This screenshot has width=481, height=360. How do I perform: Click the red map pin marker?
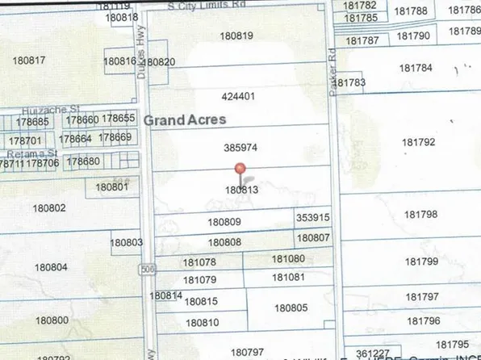pyautogui.click(x=239, y=170)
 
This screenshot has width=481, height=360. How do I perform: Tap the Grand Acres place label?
pyautogui.click(x=185, y=119)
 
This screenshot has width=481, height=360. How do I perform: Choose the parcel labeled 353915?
pyautogui.click(x=312, y=218)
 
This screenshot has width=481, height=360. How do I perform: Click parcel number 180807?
pyautogui.click(x=313, y=238)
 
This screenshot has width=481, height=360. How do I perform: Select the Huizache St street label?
pyautogui.click(x=46, y=107)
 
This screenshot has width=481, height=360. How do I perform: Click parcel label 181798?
pyautogui.click(x=421, y=215)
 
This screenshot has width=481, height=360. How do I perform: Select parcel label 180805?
pyautogui.click(x=291, y=308)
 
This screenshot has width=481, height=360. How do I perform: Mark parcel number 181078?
pyautogui.click(x=199, y=262)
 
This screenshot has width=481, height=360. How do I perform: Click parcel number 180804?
pyautogui.click(x=51, y=267)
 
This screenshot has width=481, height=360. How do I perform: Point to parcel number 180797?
pyautogui.click(x=247, y=352)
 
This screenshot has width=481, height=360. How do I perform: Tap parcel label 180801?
pyautogui.click(x=112, y=187)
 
